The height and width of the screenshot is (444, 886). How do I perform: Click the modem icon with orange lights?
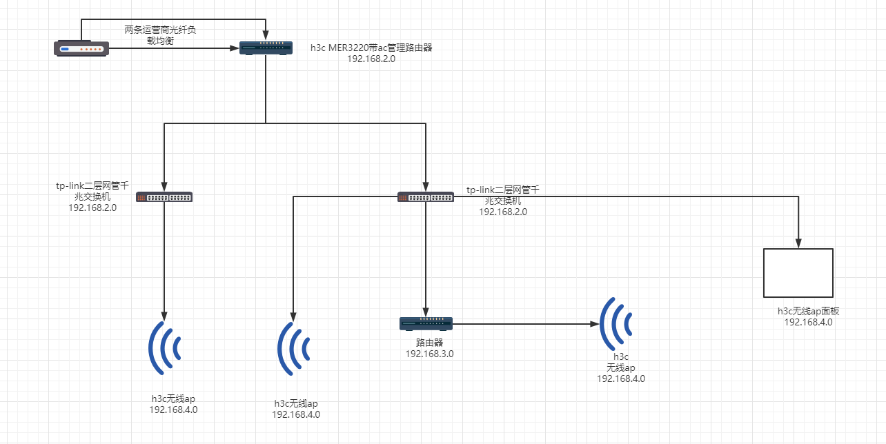coord(81,48)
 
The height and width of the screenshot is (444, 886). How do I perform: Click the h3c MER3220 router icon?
coord(266,48)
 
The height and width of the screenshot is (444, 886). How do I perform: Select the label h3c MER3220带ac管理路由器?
coord(371,48)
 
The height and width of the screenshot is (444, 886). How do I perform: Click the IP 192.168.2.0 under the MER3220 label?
coord(371,59)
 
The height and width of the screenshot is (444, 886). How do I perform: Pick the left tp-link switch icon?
coord(164,197)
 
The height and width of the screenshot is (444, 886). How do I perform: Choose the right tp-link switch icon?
coord(426,197)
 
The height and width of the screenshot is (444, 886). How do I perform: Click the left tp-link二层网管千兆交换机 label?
coord(92,191)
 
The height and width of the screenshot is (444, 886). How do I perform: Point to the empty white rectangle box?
coord(798,272)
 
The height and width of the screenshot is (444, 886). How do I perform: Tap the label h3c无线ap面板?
coord(808,312)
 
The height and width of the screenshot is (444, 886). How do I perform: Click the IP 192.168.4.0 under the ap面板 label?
coord(808,322)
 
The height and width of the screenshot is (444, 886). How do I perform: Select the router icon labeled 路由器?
coord(426,323)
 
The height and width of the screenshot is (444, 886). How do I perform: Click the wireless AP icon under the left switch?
coord(165,348)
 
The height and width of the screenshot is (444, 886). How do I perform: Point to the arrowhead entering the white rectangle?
coord(798,243)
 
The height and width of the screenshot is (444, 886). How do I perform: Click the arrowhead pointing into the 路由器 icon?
coord(426,312)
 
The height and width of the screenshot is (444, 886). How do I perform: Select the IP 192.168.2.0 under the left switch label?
coord(92,208)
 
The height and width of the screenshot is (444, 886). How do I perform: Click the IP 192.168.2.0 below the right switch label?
coord(502,212)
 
